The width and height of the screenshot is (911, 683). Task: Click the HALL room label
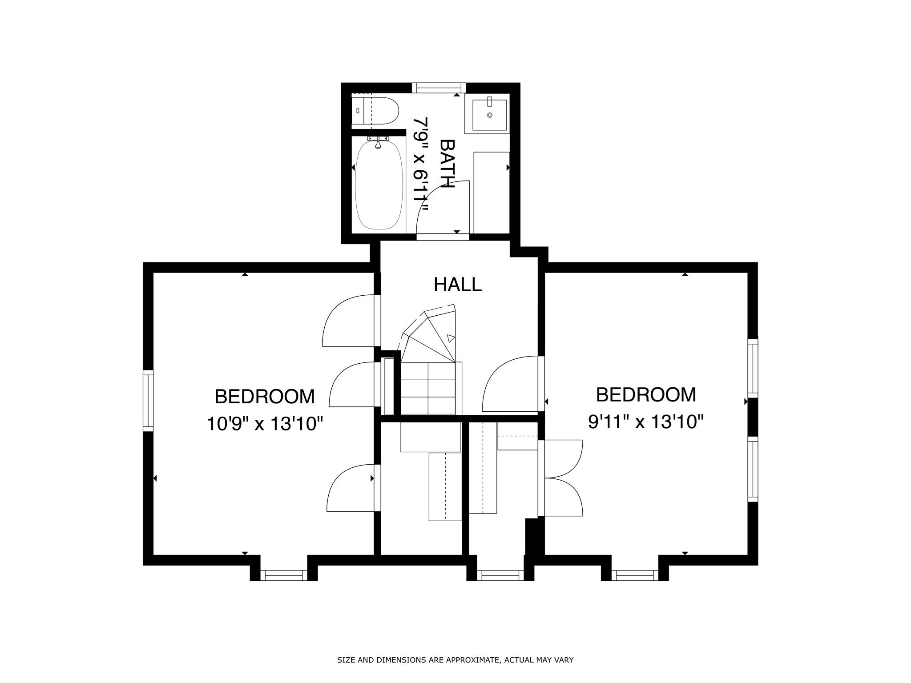457,285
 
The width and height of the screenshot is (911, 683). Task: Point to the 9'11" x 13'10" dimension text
646,422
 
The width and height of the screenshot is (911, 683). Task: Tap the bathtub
379,185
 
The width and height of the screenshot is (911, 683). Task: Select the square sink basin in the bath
489,115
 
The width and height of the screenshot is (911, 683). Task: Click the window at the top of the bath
438,88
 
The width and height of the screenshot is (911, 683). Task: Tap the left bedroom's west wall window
148,400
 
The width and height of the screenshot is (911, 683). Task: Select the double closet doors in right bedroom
563,478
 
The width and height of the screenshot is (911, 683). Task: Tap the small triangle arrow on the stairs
451,338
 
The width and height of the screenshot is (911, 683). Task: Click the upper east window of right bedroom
752,368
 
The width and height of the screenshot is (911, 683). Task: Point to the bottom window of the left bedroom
283,575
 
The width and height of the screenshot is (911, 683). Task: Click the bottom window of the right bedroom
635,575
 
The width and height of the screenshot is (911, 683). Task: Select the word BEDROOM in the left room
265,397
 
